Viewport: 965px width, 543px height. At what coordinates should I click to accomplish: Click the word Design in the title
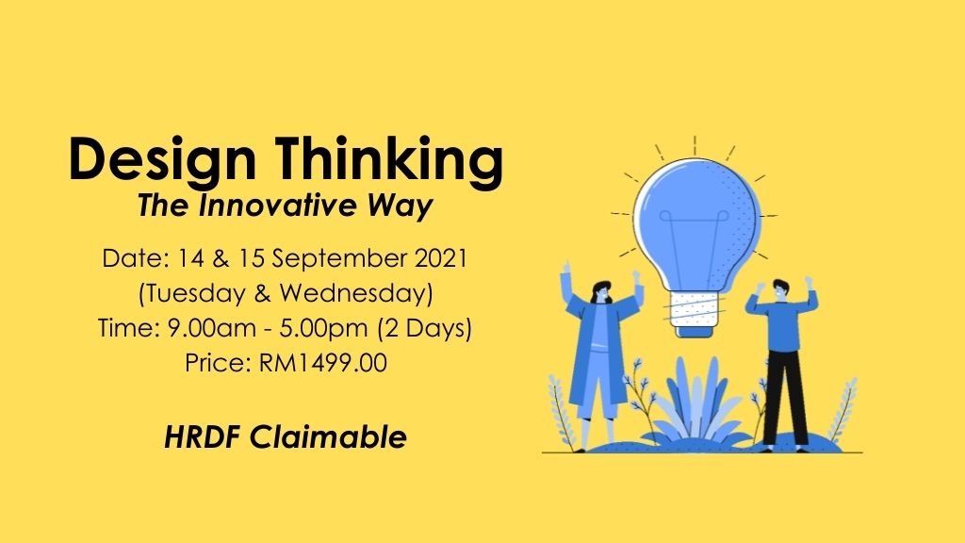[162, 160]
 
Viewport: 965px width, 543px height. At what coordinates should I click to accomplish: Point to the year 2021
[441, 257]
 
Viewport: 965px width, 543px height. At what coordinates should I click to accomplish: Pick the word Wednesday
[355, 294]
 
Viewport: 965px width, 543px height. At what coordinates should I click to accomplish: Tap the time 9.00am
[212, 327]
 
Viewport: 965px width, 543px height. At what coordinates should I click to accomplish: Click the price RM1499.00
[323, 363]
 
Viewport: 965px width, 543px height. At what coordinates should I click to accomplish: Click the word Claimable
[328, 437]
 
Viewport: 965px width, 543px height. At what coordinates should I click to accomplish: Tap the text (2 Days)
[425, 328]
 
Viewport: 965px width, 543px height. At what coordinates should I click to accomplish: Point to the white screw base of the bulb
[694, 310]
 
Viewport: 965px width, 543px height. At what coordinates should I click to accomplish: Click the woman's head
[602, 292]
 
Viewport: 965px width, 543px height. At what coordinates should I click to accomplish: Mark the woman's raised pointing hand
[565, 271]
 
